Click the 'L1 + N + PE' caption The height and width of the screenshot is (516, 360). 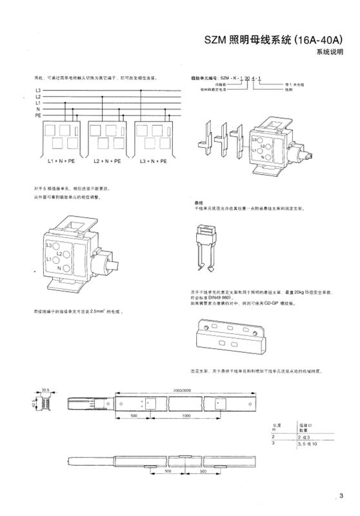tap(62, 160)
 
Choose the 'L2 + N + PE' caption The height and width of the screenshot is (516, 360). tap(108, 160)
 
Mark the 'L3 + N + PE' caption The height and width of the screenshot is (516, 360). tap(153, 160)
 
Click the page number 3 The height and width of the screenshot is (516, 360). tap(341, 495)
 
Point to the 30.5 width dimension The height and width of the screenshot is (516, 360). tap(45, 390)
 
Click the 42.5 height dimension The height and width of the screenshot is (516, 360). tap(34, 402)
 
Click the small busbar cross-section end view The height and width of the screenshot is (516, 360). tap(46, 402)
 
